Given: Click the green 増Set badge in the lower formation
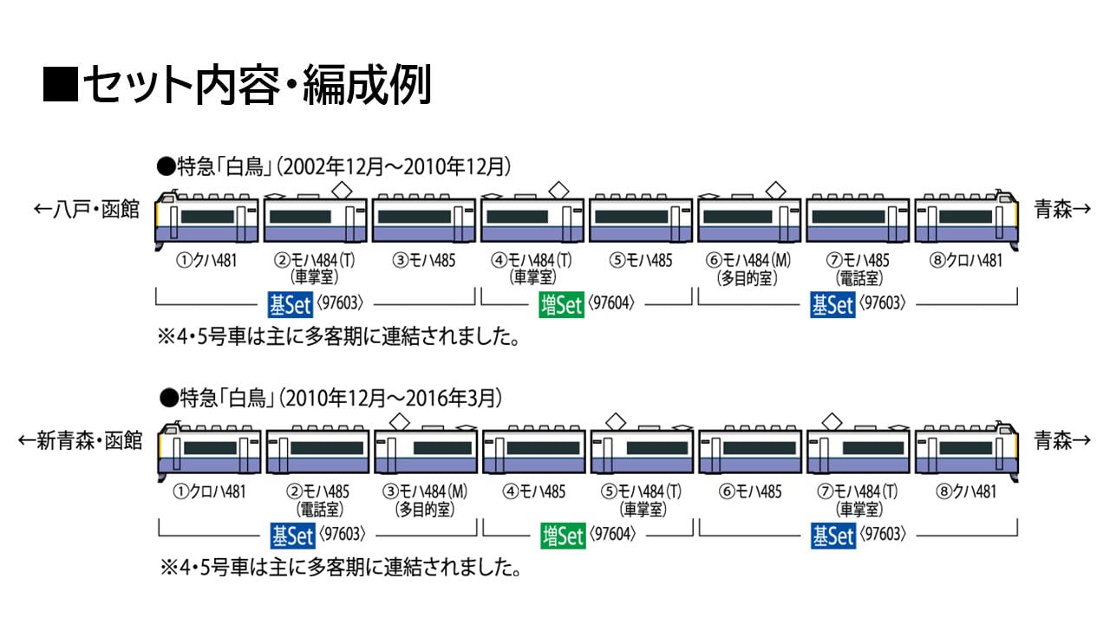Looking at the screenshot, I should pyautogui.click(x=561, y=536).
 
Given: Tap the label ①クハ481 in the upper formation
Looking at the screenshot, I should pyautogui.click(x=206, y=260).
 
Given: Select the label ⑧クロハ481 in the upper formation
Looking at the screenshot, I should pyautogui.click(x=964, y=260).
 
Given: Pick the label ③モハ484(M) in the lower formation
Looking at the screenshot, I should pyautogui.click(x=425, y=492).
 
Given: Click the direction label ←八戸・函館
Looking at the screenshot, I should pyautogui.click(x=87, y=210).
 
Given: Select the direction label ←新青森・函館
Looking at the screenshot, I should pyautogui.click(x=79, y=441).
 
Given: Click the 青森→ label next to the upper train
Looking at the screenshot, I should pyautogui.click(x=1062, y=210).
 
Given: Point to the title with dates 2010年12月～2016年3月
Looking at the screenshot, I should pyautogui.click(x=330, y=398).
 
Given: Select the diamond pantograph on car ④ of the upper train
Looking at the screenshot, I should pyautogui.click(x=558, y=186).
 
